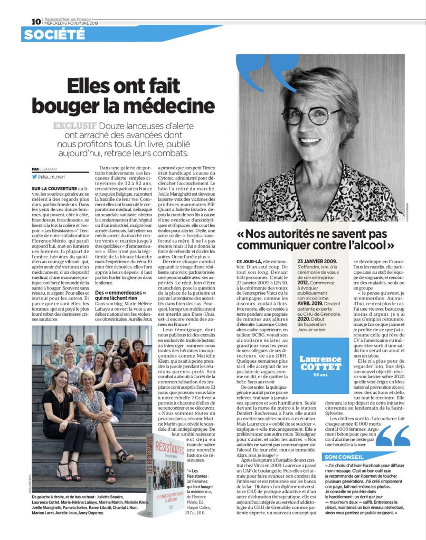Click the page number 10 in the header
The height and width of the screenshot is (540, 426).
(36, 22)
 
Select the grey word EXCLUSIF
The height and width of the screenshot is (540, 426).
(74, 126)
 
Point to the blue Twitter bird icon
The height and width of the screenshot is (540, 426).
(34, 177)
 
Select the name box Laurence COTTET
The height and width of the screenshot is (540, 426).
(320, 363)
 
